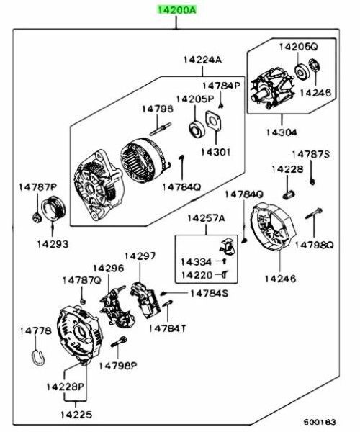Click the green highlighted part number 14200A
(176, 9)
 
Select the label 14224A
(202, 60)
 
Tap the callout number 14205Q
(298, 47)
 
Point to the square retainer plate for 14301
(214, 120)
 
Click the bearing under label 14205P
(197, 129)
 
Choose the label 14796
(158, 109)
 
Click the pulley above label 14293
(54, 208)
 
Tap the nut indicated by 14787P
(36, 217)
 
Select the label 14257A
(206, 218)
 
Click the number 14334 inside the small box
(196, 262)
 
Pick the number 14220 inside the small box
(197, 275)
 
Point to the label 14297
(140, 256)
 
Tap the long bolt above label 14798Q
(314, 213)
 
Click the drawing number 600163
(320, 422)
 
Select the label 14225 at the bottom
(76, 415)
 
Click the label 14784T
(168, 328)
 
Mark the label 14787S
(311, 154)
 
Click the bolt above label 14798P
(119, 342)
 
